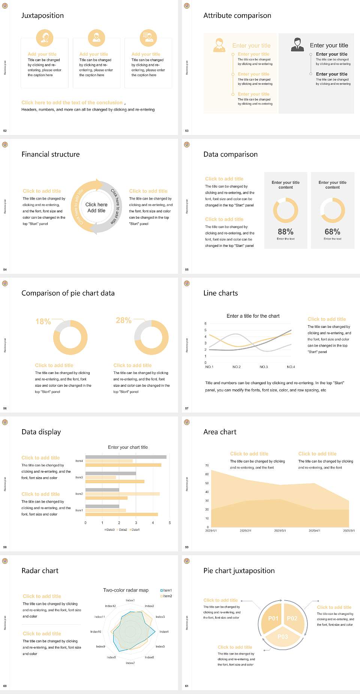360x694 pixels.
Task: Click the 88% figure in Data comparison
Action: click(285, 232)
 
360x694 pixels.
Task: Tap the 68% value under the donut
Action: click(332, 232)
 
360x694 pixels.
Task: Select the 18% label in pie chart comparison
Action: click(43, 321)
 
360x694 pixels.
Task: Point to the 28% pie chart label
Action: click(123, 320)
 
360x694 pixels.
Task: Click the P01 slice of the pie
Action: click(273, 618)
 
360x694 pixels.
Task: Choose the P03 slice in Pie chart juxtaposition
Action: click(283, 637)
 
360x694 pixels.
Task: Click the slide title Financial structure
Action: click(51, 154)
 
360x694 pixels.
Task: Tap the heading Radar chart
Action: click(40, 571)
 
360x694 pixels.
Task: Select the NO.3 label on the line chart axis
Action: click(264, 367)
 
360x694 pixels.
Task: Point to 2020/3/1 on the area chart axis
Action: click(280, 531)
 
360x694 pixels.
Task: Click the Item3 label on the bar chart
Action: click(79, 478)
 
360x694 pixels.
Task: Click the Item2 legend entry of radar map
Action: click(166, 596)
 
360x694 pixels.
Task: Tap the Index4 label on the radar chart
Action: click(164, 632)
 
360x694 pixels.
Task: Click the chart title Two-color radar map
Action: click(126, 590)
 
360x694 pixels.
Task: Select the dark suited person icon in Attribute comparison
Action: click(297, 44)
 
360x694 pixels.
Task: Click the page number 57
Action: click(187, 408)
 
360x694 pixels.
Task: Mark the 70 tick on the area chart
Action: click(207, 466)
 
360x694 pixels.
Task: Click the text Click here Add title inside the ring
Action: click(96, 207)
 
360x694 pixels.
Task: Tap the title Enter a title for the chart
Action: click(253, 316)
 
